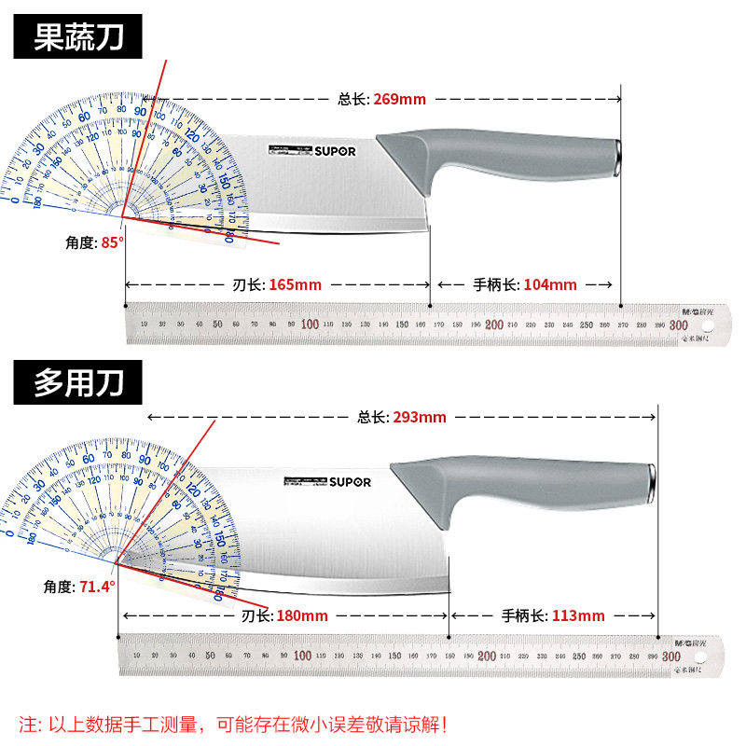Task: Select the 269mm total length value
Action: [399, 99]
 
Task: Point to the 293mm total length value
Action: [420, 417]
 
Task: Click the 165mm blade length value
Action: [295, 284]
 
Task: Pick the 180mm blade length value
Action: [301, 615]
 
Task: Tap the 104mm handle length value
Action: [550, 284]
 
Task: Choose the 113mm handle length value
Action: [578, 615]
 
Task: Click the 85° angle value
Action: [113, 242]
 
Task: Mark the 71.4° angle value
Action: [97, 587]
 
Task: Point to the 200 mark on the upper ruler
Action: [493, 325]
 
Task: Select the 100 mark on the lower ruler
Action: [302, 656]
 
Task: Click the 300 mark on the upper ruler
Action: [678, 325]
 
